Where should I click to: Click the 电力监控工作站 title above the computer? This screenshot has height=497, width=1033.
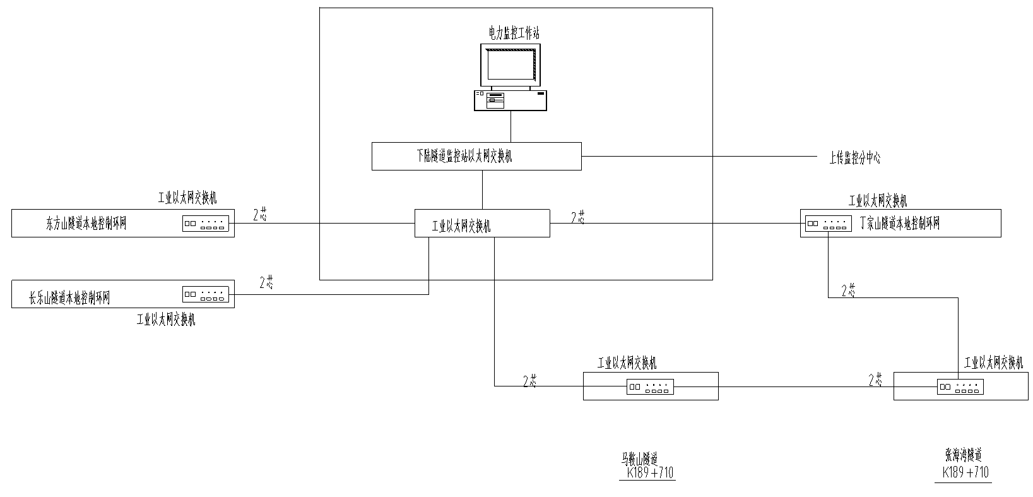point(514,33)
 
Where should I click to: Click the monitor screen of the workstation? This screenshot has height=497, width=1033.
point(510,65)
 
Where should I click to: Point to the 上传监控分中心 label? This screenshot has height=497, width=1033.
point(854,158)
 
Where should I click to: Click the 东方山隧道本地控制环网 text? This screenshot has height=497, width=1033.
point(86,224)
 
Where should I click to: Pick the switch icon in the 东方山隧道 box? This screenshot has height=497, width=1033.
point(204,224)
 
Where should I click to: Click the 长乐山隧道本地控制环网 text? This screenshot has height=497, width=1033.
point(69,298)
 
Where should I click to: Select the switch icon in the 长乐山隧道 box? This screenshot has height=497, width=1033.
point(204,294)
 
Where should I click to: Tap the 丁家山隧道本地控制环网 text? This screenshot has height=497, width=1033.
point(900,224)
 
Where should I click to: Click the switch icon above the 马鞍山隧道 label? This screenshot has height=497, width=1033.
point(650,387)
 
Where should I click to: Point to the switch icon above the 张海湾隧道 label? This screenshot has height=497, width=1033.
point(960,387)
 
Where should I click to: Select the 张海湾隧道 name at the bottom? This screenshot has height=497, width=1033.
point(963,455)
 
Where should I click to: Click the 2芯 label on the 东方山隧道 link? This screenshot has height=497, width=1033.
point(260,215)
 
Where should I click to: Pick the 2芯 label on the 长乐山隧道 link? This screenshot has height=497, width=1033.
point(266,283)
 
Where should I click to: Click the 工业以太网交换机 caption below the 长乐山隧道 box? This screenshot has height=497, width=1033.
point(166,320)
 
